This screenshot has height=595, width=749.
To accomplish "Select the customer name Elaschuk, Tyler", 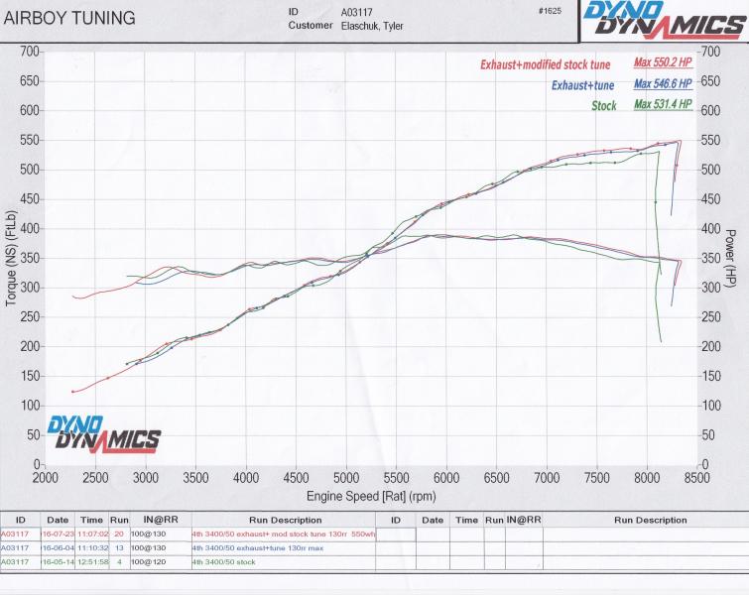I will tap(368, 26).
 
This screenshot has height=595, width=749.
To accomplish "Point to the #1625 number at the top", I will tap(547, 12).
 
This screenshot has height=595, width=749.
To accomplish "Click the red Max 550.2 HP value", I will tap(663, 62).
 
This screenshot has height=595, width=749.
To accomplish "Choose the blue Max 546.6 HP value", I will tap(663, 83).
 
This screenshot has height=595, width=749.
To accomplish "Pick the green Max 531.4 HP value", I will tap(663, 104).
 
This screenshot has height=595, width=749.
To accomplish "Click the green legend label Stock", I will tap(604, 105).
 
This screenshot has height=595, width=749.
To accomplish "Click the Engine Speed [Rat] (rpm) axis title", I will tap(372, 494).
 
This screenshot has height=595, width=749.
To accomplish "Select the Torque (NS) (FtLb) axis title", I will tap(11, 258).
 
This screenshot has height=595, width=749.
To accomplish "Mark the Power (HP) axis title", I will tap(731, 257).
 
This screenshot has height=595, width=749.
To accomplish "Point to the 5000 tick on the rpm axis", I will tap(346, 477).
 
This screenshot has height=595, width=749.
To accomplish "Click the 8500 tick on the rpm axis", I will tap(696, 477).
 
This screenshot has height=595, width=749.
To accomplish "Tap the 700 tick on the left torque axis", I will tap(30, 51).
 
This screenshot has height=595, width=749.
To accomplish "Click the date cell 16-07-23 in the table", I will tap(58, 534).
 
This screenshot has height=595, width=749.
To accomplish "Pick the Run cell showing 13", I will tap(119, 547).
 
